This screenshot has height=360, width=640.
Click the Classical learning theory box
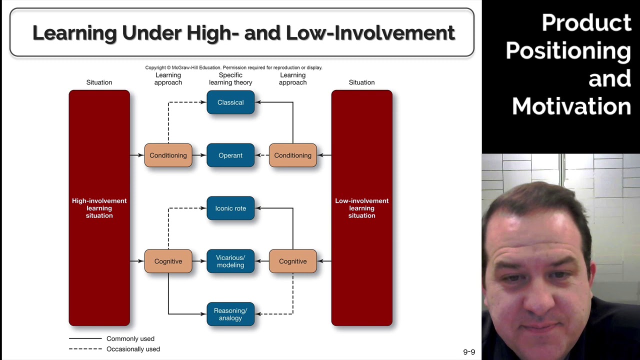pyautogui.click(x=230, y=102)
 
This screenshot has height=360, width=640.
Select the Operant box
pyautogui.click(x=230, y=155)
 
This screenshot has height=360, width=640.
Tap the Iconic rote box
pyautogui.click(x=230, y=208)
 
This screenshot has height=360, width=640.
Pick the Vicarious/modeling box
pyautogui.click(x=230, y=261)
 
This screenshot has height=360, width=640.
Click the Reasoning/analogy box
pyautogui.click(x=230, y=314)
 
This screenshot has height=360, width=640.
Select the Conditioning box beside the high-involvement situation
pyautogui.click(x=168, y=155)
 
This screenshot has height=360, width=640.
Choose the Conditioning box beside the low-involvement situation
pyautogui.click(x=292, y=155)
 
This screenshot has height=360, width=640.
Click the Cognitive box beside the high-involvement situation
pyautogui.click(x=168, y=261)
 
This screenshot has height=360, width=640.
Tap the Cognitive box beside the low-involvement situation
pyautogui.click(x=292, y=261)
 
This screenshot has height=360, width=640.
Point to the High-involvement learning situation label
pyautogui.click(x=99, y=208)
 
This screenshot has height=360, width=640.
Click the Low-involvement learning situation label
pyautogui.click(x=361, y=208)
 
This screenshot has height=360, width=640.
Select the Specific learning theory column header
pyautogui.click(x=230, y=79)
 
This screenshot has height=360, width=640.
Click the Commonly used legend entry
pyautogui.click(x=130, y=339)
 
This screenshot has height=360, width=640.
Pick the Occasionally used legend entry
pyautogui.click(x=133, y=349)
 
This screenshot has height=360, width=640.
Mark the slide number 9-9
pyautogui.click(x=469, y=352)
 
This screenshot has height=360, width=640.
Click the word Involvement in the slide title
pyautogui.click(x=394, y=33)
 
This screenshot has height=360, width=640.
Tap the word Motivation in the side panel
pyautogui.click(x=571, y=106)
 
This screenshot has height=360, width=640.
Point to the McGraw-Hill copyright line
pyautogui.click(x=233, y=67)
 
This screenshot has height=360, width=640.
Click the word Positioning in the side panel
pyautogui.click(x=568, y=51)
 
